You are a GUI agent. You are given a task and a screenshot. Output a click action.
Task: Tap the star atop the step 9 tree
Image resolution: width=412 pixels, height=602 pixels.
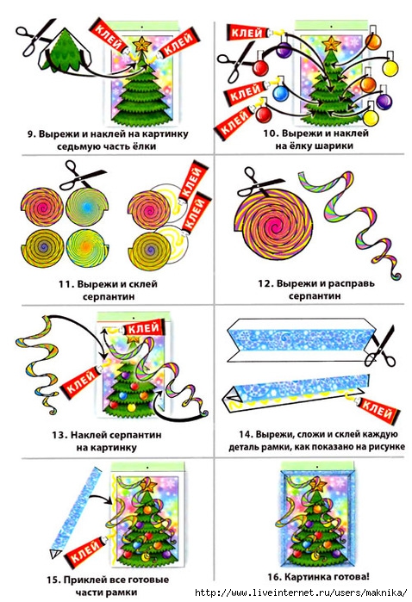click(x=142, y=44)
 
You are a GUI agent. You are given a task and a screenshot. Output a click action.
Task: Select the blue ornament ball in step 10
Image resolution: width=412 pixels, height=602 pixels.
click(x=280, y=93)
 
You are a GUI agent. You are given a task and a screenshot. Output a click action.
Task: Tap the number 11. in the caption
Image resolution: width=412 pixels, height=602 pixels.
click(x=66, y=284)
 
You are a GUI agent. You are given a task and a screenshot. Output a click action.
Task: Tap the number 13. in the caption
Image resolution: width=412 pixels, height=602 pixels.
click(x=60, y=435)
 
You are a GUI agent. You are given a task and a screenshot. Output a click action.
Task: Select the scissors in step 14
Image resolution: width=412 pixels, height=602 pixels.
click(x=380, y=346)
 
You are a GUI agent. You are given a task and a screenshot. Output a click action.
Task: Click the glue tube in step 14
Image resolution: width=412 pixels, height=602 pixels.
click(x=375, y=410)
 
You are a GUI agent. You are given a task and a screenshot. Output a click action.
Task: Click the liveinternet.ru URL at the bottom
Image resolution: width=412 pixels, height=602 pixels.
click(x=301, y=593)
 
